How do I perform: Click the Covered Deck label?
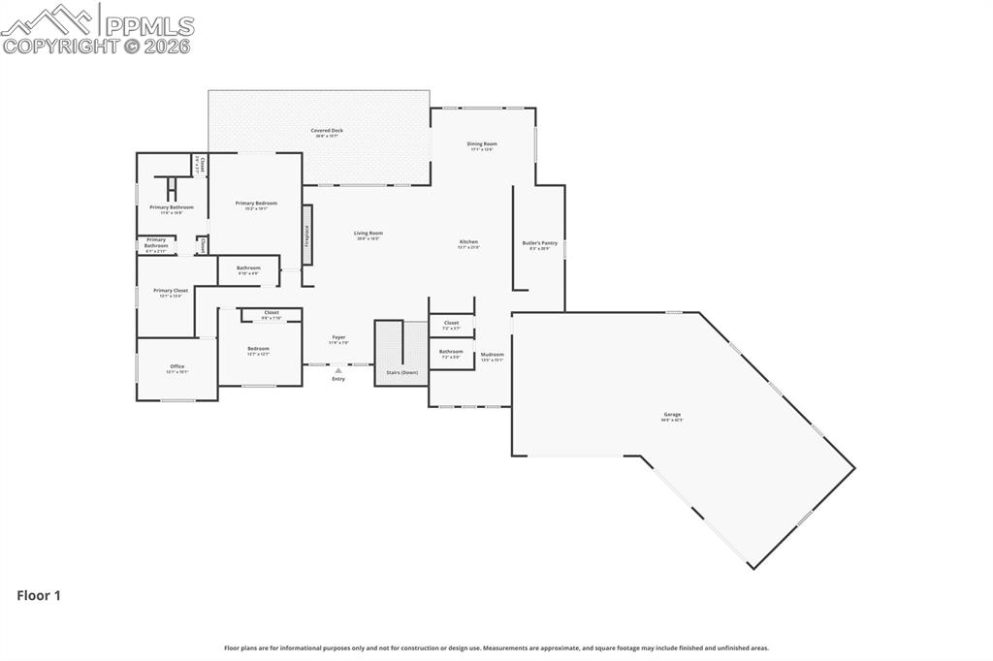(327, 131)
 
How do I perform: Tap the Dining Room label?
(482, 144)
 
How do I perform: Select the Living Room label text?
(368, 234)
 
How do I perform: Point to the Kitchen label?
(468, 242)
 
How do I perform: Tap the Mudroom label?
(492, 355)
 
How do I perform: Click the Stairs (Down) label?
(401, 372)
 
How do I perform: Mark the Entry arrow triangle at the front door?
(337, 370)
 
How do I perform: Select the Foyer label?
(337, 338)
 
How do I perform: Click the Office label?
(176, 366)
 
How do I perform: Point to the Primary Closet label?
(171, 291)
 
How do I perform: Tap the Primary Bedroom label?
(256, 204)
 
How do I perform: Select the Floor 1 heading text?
(39, 596)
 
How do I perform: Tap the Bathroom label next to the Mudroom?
(451, 352)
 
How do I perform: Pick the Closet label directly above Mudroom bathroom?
(451, 323)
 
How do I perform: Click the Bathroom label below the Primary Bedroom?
(248, 268)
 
